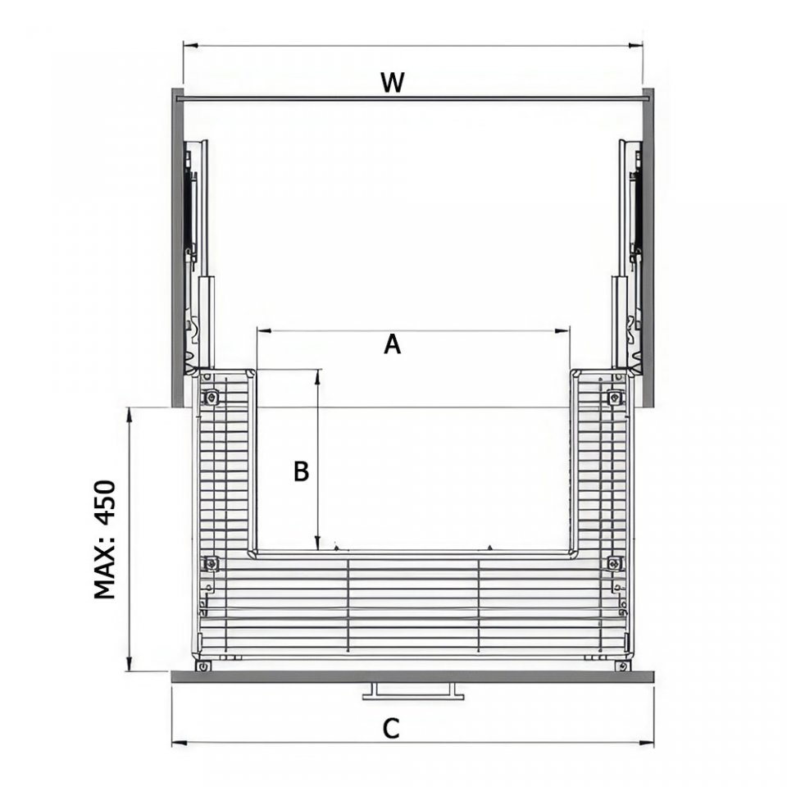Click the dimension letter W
[392, 83]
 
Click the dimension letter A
[392, 345]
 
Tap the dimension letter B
[301, 472]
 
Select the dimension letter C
[391, 729]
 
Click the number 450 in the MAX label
[105, 503]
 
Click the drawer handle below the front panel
[413, 691]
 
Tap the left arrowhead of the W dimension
[190, 46]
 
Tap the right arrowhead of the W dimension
[635, 46]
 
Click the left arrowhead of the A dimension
[263, 330]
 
